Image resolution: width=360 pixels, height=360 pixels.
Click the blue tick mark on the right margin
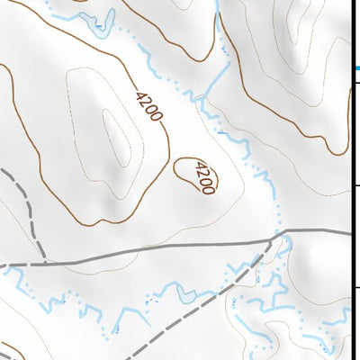coord(355,67)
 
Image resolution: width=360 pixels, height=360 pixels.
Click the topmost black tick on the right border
coord(355,83)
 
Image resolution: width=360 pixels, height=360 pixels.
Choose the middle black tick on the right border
coord(355,185)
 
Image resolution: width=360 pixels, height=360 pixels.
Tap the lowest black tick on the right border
coord(355,288)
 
